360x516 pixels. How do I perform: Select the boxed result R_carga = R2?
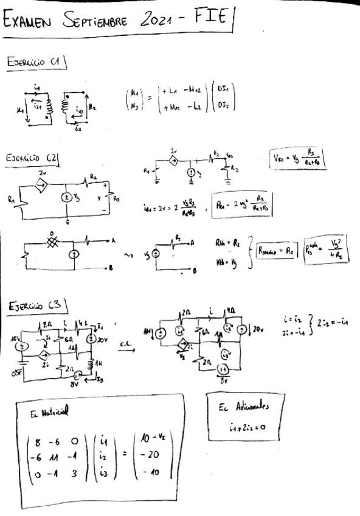pyautogui.click(x=276, y=249)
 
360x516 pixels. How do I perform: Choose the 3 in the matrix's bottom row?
pyautogui.click(x=74, y=472)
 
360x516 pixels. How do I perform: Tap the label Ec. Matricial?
pyautogui.click(x=49, y=413)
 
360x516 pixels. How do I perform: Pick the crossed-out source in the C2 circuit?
pyautogui.click(x=52, y=241)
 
